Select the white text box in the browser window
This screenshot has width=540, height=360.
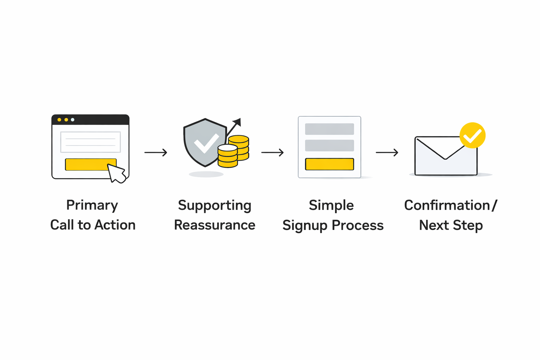(x=90, y=142)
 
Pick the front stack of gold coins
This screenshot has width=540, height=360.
(x=227, y=156)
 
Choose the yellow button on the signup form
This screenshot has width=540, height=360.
(x=329, y=164)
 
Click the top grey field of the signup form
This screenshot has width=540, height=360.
(x=329, y=129)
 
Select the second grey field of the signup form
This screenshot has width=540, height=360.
(x=329, y=146)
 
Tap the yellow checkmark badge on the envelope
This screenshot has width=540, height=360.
(x=472, y=135)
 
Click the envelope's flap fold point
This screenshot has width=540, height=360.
(x=445, y=158)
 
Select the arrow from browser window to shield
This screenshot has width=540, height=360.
(x=156, y=153)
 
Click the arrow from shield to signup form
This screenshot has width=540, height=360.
(x=272, y=153)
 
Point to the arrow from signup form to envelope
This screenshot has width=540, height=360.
(x=387, y=153)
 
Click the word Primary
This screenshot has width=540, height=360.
(x=92, y=205)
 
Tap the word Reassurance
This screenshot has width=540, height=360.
(x=214, y=225)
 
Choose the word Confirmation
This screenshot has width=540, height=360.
(x=447, y=205)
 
